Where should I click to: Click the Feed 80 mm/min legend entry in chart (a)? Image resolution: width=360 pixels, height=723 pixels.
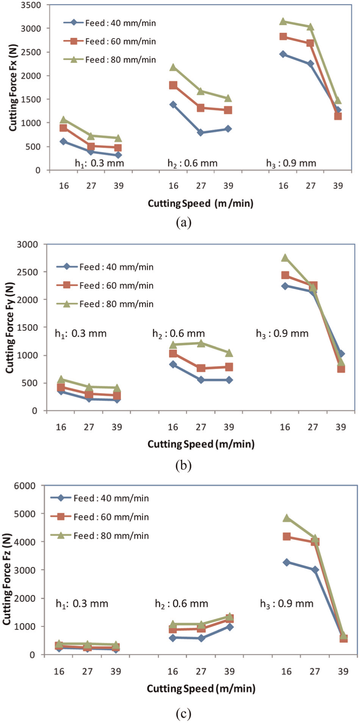(x=110, y=60)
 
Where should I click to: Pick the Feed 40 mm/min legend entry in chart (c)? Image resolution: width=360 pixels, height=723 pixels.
(x=100, y=498)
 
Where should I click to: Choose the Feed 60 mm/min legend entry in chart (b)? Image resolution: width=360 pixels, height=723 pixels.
(x=105, y=285)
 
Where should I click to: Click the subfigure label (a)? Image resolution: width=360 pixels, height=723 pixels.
(x=184, y=223)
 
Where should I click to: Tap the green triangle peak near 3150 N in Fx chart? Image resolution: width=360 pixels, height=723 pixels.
(x=283, y=22)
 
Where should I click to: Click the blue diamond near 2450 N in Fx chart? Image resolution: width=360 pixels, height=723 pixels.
(x=283, y=54)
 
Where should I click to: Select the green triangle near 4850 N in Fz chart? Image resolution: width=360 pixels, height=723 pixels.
(x=287, y=518)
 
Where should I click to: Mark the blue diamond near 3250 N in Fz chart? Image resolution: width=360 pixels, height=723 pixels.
(x=287, y=562)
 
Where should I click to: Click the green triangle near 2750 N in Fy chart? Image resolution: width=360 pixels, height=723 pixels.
(x=285, y=258)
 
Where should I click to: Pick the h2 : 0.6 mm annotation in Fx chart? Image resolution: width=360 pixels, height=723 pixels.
(x=192, y=163)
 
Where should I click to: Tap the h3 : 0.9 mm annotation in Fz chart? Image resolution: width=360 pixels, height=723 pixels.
(x=287, y=604)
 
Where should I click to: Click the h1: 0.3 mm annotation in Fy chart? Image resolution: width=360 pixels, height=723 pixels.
(x=81, y=334)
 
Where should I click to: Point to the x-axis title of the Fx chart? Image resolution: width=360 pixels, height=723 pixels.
(x=200, y=203)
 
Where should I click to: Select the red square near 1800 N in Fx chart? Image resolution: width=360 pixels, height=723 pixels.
(x=173, y=85)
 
